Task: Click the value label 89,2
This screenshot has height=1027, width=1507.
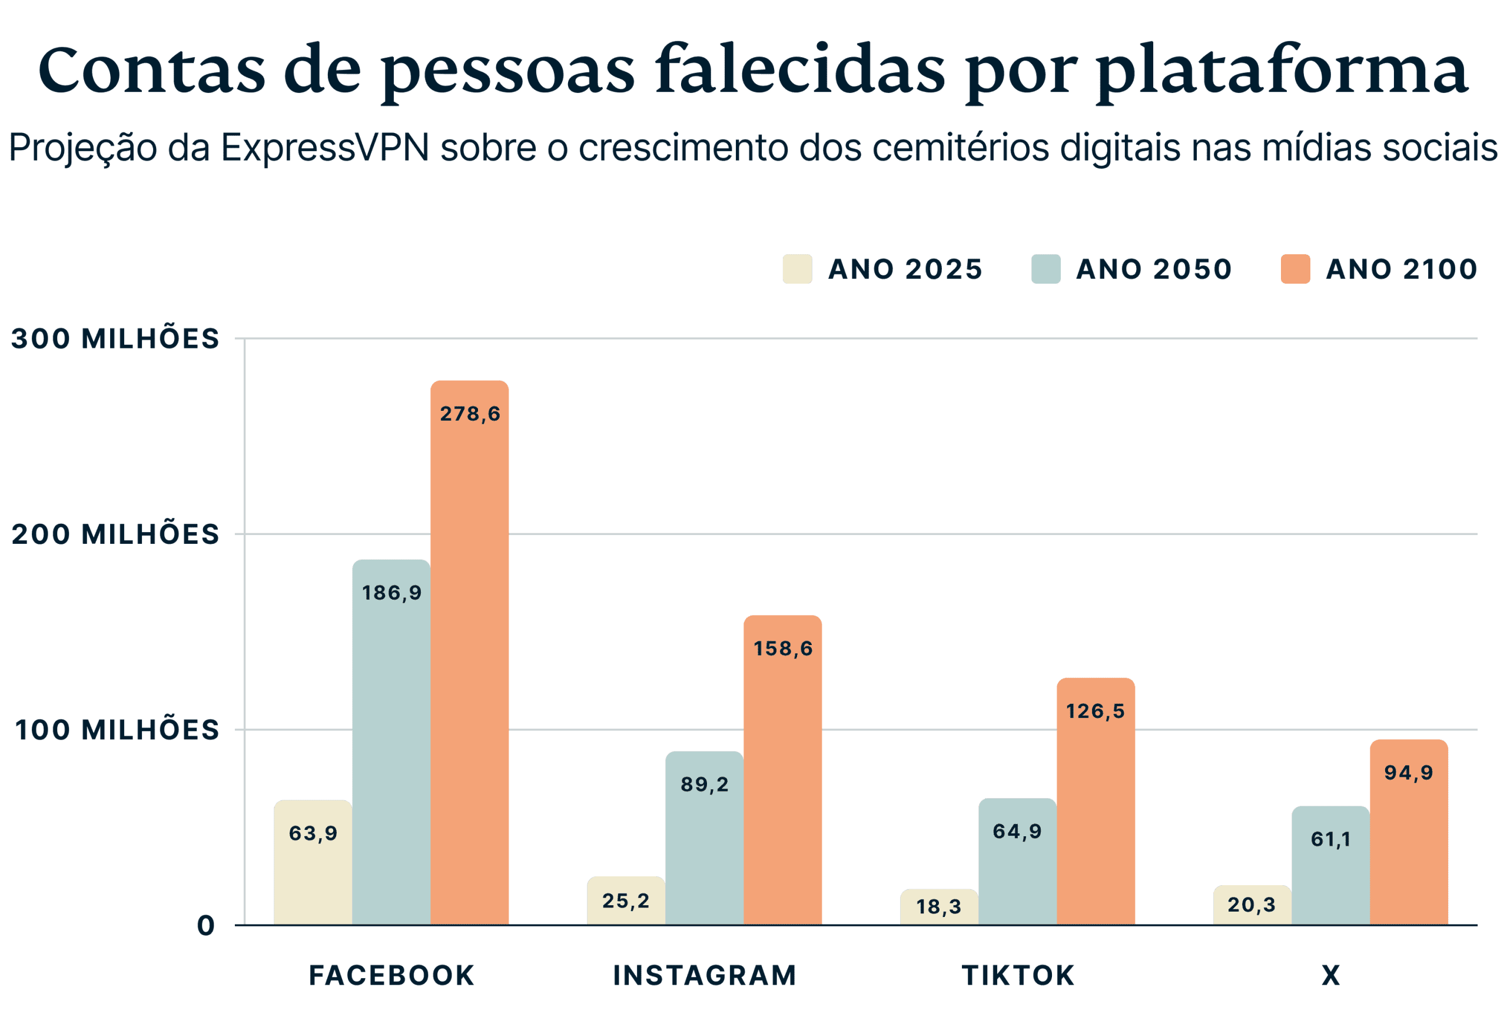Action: [x=704, y=785]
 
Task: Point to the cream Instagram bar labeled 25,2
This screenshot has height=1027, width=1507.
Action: [x=626, y=900]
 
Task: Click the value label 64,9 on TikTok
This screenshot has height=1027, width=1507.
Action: [x=1017, y=832]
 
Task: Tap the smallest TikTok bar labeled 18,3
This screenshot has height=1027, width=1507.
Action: [x=939, y=906]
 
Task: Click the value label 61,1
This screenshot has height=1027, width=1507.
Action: [x=1330, y=840]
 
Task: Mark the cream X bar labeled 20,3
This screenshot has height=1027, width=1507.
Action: [x=1252, y=905]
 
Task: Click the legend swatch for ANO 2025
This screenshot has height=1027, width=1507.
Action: [x=797, y=269]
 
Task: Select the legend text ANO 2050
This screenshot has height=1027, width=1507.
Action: [x=1153, y=269]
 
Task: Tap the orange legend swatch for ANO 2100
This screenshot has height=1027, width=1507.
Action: [x=1296, y=269]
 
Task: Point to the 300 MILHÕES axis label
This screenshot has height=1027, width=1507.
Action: [x=115, y=339]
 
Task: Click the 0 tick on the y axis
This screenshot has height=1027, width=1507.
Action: [x=205, y=926]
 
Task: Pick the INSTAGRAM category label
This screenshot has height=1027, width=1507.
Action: [x=704, y=976]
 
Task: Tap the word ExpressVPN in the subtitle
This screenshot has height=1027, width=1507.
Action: [x=325, y=148]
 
